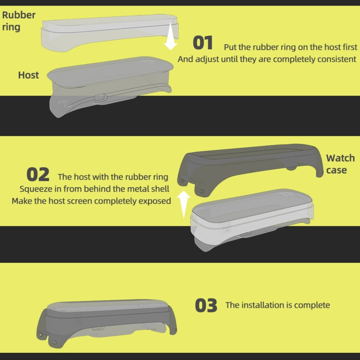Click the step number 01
tap(203, 43)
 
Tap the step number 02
tap(38, 175)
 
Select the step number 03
tap(206, 305)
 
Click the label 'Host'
tap(28, 75)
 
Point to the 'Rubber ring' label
tap(19, 21)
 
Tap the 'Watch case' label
tap(340, 164)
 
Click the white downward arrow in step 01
tap(170, 36)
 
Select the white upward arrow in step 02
tap(183, 204)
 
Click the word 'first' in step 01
tap(350, 47)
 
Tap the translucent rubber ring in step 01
tap(110, 33)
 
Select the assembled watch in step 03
tap(106, 323)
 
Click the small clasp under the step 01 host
tap(101, 98)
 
